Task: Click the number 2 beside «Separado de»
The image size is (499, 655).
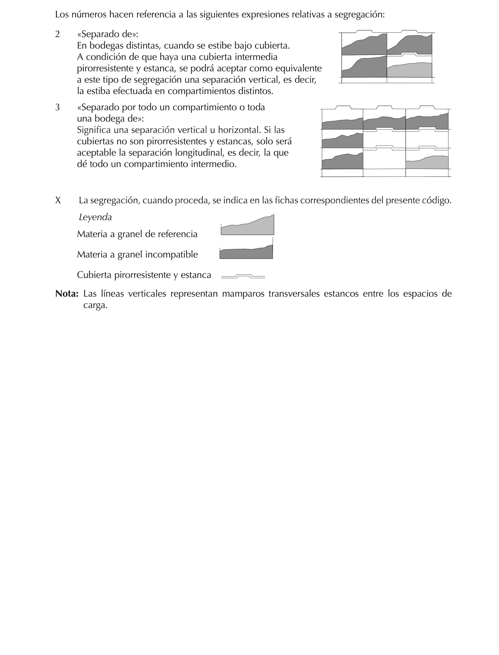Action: [x=57, y=34]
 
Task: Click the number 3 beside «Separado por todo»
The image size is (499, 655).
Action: [x=57, y=107]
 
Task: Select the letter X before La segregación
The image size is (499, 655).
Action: [x=58, y=201]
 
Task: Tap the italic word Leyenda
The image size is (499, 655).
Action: [x=95, y=217]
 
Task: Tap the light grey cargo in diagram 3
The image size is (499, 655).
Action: [x=427, y=163]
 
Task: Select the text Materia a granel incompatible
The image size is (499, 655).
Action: [x=137, y=254]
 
